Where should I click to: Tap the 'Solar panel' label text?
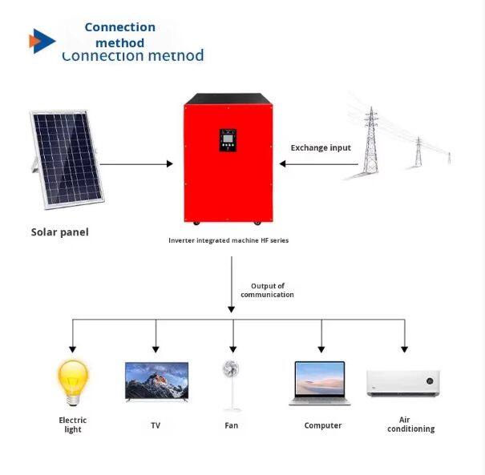coord(59,232)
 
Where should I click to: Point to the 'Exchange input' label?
coord(321,147)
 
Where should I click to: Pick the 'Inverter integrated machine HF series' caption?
coord(228,240)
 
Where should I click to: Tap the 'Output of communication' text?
coord(267,290)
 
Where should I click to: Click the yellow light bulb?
coord(72,382)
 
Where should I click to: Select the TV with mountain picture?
coord(156,381)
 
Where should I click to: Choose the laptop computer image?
coord(319,382)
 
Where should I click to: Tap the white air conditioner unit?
coord(404,383)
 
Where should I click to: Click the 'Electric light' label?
coord(73,425)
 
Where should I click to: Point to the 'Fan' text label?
coord(232,425)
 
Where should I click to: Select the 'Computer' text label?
coord(323,425)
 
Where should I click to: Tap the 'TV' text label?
coord(156,425)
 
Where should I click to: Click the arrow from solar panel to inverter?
coord(136,163)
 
